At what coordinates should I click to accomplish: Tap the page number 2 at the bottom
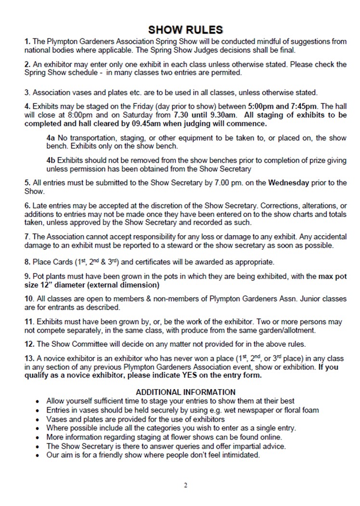(x=186, y=485)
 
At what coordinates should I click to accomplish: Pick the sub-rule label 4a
(x=51, y=138)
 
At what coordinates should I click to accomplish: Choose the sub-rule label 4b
(x=51, y=160)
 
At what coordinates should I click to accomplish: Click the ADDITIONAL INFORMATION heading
(x=186, y=392)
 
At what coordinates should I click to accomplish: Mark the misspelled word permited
(x=224, y=73)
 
